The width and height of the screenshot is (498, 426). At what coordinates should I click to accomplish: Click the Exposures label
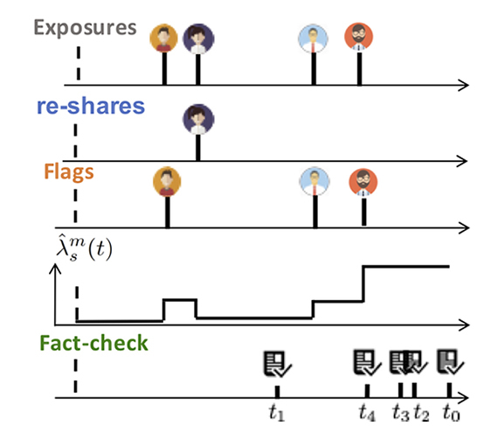pos(85,28)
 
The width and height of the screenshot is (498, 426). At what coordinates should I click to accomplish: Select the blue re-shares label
pos(91,106)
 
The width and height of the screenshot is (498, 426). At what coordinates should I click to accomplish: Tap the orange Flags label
pos(69,172)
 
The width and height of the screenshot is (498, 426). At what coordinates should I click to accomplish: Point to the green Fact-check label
pos(93,343)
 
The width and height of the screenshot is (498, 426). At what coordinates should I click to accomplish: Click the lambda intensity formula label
pos(84,248)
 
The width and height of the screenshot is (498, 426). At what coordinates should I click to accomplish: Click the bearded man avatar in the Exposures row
pos(359,36)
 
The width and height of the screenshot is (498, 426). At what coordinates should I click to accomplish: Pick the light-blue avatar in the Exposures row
pos(313,38)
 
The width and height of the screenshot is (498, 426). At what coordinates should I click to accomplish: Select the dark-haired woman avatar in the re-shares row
pos(198,119)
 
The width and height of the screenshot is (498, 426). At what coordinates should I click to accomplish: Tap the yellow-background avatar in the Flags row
pos(167,182)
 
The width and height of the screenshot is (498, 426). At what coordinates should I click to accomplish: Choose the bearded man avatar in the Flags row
pos(363,183)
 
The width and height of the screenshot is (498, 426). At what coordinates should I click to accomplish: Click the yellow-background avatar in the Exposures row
pos(163,38)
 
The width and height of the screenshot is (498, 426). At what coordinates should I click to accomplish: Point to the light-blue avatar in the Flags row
pos(315,182)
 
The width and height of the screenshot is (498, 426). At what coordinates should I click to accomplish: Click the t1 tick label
pos(277,412)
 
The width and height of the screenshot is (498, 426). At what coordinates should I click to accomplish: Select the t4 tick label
pos(367,412)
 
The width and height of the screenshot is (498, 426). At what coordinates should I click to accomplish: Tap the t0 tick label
pos(452,412)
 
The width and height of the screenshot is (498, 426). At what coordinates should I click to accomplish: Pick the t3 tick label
pos(401,412)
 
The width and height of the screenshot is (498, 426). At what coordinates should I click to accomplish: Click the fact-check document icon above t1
pos(277,364)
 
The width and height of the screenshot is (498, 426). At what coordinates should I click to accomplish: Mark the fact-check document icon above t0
pos(450,362)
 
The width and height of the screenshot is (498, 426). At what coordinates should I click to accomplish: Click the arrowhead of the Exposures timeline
pos(464,85)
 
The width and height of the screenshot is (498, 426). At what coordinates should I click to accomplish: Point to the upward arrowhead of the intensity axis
pos(55,269)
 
